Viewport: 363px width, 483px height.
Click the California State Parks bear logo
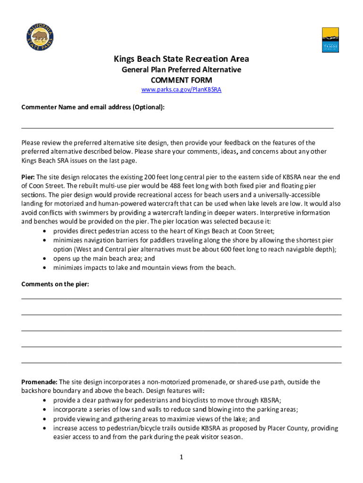[x=39, y=36]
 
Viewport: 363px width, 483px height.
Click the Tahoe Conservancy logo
[x=330, y=40]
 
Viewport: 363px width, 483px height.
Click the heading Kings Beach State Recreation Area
[x=181, y=59]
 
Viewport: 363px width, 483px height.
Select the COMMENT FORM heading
[x=181, y=80]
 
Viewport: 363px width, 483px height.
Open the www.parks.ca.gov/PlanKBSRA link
[x=181, y=90]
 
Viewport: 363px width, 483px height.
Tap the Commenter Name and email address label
[x=93, y=107]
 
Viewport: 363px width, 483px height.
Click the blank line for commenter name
[x=177, y=127]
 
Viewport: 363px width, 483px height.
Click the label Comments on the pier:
[x=55, y=284]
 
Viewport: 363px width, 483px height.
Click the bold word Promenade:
[x=40, y=382]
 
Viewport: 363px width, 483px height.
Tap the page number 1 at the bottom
[x=181, y=457]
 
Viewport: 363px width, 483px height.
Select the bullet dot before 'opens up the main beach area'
[x=44, y=259]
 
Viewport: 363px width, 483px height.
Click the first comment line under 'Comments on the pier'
[x=181, y=298]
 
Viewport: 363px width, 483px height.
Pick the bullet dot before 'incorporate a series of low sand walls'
[x=44, y=409]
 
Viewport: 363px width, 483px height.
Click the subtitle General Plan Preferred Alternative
[x=181, y=69]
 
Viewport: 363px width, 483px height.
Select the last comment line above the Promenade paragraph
[x=181, y=362]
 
